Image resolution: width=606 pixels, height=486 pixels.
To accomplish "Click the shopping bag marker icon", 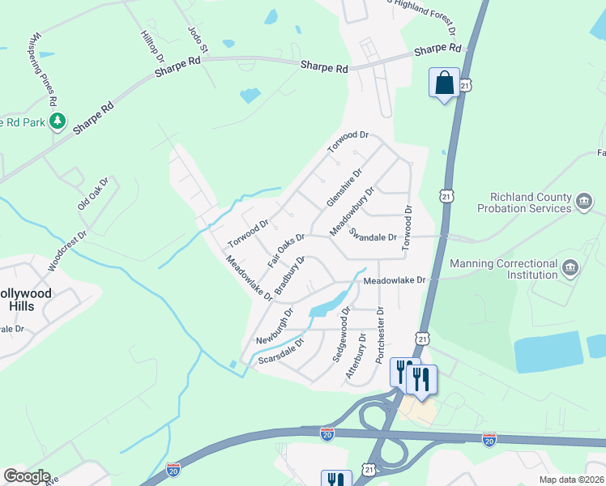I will [x=444, y=83].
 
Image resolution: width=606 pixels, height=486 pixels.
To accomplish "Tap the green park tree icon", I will [x=57, y=121].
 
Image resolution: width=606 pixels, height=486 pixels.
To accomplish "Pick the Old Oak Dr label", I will [x=92, y=195].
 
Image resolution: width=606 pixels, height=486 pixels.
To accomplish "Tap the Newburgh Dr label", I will [x=275, y=325].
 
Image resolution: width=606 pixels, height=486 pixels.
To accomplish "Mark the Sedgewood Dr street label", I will [x=340, y=334].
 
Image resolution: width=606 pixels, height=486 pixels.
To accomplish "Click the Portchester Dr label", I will [x=379, y=333].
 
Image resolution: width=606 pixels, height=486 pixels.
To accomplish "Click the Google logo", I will [x=27, y=476].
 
